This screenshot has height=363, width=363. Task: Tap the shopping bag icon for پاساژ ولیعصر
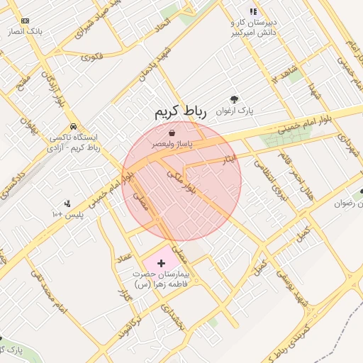(173, 133)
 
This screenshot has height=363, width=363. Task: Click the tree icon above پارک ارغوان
(235, 100)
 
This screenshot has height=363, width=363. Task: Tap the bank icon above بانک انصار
(26, 21)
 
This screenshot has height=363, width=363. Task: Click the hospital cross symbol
(161, 263)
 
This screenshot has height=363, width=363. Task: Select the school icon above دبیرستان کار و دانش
(253, 11)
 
